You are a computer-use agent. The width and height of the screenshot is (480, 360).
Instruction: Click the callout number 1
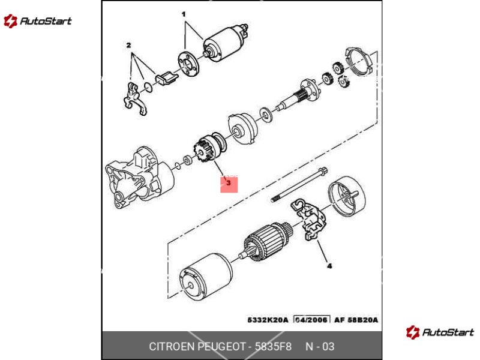coord(184,14)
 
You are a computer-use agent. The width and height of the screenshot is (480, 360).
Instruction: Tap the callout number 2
coord(128,46)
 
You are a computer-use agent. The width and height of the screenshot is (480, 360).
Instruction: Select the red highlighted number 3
coord(229,184)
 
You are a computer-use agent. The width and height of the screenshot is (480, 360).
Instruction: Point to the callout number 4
coord(329,266)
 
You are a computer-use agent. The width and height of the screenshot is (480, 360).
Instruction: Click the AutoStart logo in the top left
coord(37,21)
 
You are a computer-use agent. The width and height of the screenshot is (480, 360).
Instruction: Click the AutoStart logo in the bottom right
coord(440,332)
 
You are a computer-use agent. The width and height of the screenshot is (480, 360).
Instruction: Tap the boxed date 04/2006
coord(311,320)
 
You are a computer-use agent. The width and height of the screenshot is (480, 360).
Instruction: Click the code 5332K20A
coord(268,320)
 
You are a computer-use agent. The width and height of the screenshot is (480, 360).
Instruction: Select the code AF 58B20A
coord(356,320)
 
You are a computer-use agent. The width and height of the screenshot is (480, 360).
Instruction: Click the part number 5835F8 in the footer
coord(273,347)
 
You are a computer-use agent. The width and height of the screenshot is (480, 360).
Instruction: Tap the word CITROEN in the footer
coord(172,347)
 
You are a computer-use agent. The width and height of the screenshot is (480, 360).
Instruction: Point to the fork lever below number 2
coord(135,98)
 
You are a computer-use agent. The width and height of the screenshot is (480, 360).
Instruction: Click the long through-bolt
coord(299,185)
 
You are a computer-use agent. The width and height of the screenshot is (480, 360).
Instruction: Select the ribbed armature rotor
coord(266,242)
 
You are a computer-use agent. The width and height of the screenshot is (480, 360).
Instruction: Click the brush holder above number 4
coord(308,219)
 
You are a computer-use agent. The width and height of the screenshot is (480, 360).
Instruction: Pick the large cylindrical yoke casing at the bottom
coord(206,277)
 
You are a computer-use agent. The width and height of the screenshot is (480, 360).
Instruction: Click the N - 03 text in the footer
coord(320,347)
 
